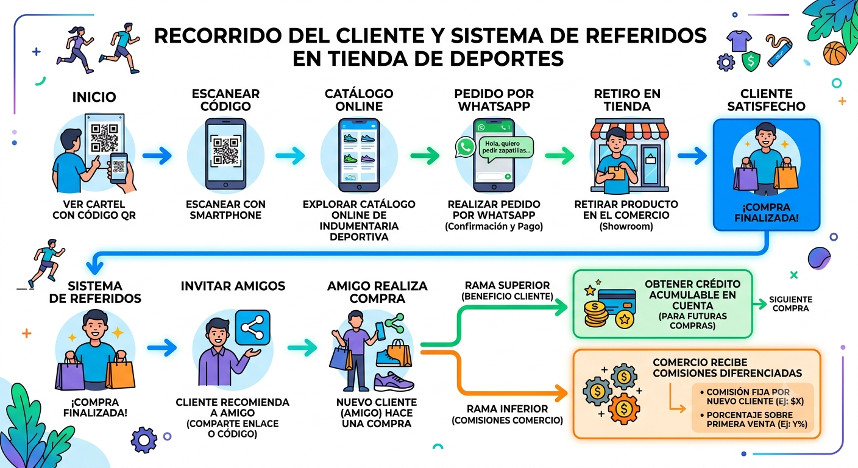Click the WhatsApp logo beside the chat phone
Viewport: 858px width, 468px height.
(x=466, y=147)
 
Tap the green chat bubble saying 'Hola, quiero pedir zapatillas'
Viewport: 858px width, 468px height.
(x=506, y=147)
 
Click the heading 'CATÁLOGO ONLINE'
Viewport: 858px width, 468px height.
(x=359, y=100)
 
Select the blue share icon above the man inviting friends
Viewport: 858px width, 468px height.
(x=252, y=327)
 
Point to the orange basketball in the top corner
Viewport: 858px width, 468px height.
(x=835, y=53)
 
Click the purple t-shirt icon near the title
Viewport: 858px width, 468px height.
(x=739, y=41)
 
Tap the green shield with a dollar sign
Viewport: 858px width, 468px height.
(x=751, y=62)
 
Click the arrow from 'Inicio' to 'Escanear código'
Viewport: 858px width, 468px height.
(x=157, y=155)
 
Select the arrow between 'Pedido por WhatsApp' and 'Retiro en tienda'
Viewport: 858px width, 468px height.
(x=559, y=155)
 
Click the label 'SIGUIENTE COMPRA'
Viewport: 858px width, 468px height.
(x=790, y=303)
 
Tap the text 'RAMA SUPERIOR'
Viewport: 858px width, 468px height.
(x=507, y=285)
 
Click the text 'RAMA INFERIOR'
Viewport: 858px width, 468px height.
(x=508, y=409)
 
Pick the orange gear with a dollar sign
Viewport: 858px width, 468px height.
(x=623, y=409)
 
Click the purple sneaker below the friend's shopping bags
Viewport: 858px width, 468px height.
(x=394, y=381)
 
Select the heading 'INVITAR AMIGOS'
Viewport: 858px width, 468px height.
(x=233, y=286)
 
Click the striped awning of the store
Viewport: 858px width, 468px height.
(x=629, y=129)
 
